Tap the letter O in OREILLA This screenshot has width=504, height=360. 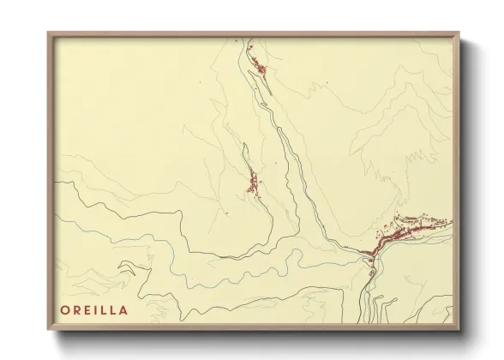click(66, 309)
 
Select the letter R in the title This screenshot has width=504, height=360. click(77, 309)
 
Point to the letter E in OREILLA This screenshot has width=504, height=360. click(87, 309)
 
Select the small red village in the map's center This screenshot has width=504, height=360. click(254, 183)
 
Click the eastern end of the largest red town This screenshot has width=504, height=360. click(449, 221)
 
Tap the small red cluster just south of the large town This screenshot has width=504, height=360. click(372, 273)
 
